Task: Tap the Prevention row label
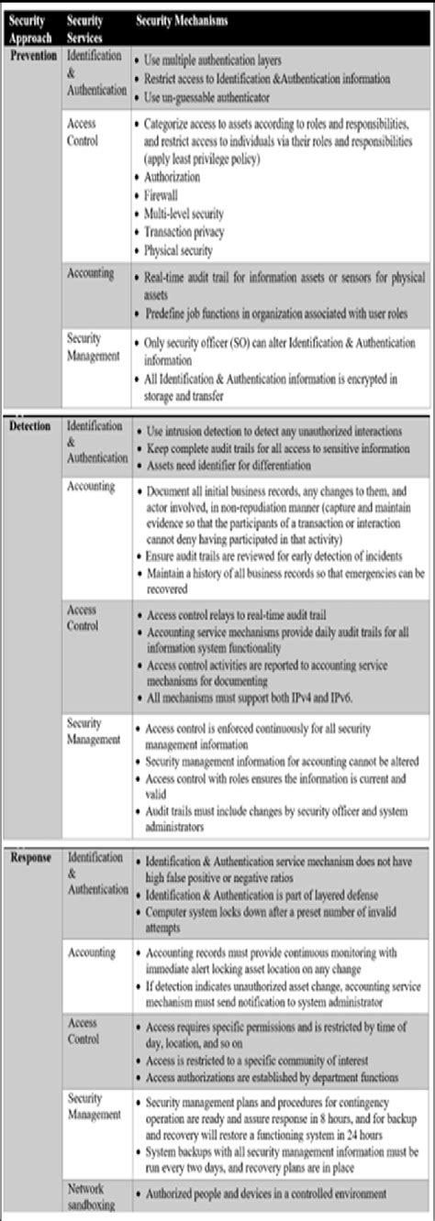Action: pos(34,56)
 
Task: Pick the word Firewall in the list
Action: pos(162,195)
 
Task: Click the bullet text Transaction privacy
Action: pos(184,232)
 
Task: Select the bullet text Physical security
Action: pos(179,250)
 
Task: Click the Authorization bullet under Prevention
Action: pos(170,177)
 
